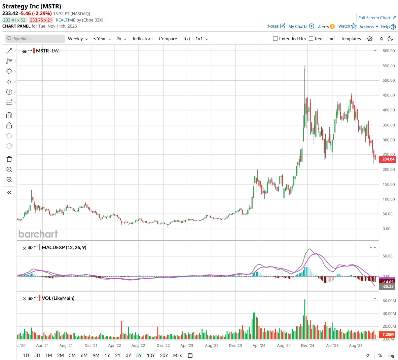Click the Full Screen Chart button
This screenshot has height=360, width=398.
[x=377, y=18]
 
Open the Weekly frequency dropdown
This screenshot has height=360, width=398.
[x=78, y=39]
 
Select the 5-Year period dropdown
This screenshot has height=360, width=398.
[x=102, y=39]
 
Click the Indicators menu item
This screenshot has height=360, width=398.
[x=142, y=39]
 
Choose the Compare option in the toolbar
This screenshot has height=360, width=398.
[x=168, y=39]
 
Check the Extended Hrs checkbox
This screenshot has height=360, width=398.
[x=276, y=39]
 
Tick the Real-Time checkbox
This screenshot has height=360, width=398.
[x=311, y=39]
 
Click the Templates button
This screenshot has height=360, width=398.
[x=351, y=39]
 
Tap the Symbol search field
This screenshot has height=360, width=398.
[x=35, y=39]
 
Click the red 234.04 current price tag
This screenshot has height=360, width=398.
[x=388, y=159]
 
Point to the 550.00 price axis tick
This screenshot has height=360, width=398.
[x=389, y=66]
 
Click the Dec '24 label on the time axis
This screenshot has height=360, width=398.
[x=307, y=346]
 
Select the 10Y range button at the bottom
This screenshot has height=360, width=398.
[x=151, y=355]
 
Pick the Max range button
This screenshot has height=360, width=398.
[x=177, y=355]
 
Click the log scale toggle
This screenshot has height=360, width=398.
[x=391, y=355]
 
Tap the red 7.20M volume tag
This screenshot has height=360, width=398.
[x=388, y=334]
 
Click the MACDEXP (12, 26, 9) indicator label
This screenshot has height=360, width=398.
[x=64, y=247]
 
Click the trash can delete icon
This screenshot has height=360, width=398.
[x=9, y=159]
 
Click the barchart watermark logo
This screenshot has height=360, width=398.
[x=38, y=234]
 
